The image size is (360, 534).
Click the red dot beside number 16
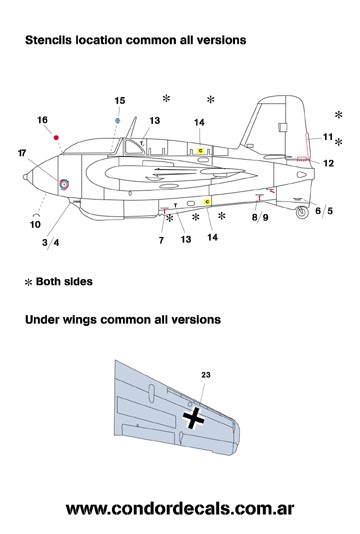pyautogui.click(x=56, y=138)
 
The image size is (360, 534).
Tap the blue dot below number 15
pyautogui.click(x=118, y=120)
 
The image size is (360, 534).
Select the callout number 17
pyautogui.click(x=22, y=153)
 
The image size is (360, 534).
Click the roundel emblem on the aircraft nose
pyautogui.click(x=64, y=184)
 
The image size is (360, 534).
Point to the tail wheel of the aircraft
pyautogui.click(x=301, y=212)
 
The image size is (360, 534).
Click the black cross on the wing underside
pyautogui.click(x=193, y=417)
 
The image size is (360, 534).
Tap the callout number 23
pyautogui.click(x=206, y=375)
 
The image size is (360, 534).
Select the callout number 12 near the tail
pyautogui.click(x=328, y=163)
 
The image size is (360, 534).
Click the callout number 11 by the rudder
pyautogui.click(x=328, y=137)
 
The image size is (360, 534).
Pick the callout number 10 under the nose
pyautogui.click(x=35, y=224)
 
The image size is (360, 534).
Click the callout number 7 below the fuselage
pyautogui.click(x=161, y=240)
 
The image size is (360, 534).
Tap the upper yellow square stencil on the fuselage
pyautogui.click(x=201, y=151)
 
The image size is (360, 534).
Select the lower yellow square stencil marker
pyautogui.click(x=207, y=202)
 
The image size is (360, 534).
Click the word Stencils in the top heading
pyautogui.click(x=48, y=40)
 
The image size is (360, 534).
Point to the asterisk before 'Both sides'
pyautogui.click(x=29, y=282)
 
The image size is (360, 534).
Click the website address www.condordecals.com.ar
pyautogui.click(x=180, y=509)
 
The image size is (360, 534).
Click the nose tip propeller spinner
pyautogui.click(x=25, y=177)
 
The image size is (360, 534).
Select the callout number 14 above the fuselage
pyautogui.click(x=199, y=122)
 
